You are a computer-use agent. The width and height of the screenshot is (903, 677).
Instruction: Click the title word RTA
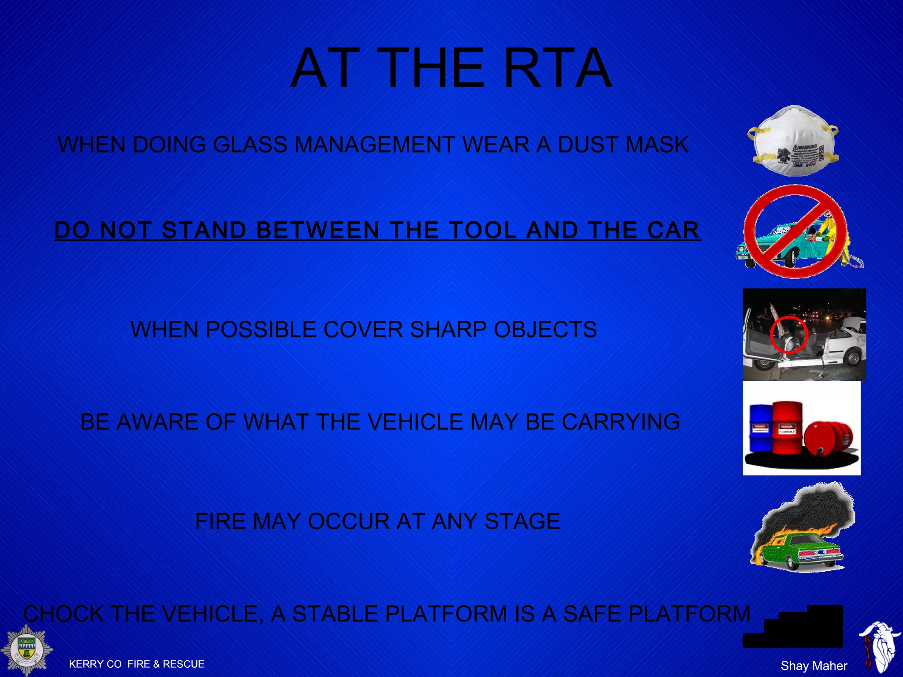tap(557, 68)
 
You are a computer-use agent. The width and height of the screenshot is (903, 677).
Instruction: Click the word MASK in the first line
tap(657, 145)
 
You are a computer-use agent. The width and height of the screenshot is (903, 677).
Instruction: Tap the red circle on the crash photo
tap(789, 334)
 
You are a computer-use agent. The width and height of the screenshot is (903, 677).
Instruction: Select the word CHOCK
tap(63, 614)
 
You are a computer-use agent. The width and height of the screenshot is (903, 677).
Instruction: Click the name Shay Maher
tap(814, 666)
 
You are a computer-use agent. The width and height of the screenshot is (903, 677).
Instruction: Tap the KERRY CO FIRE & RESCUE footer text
tap(137, 664)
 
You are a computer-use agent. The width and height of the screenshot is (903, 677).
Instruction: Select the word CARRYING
tap(620, 422)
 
